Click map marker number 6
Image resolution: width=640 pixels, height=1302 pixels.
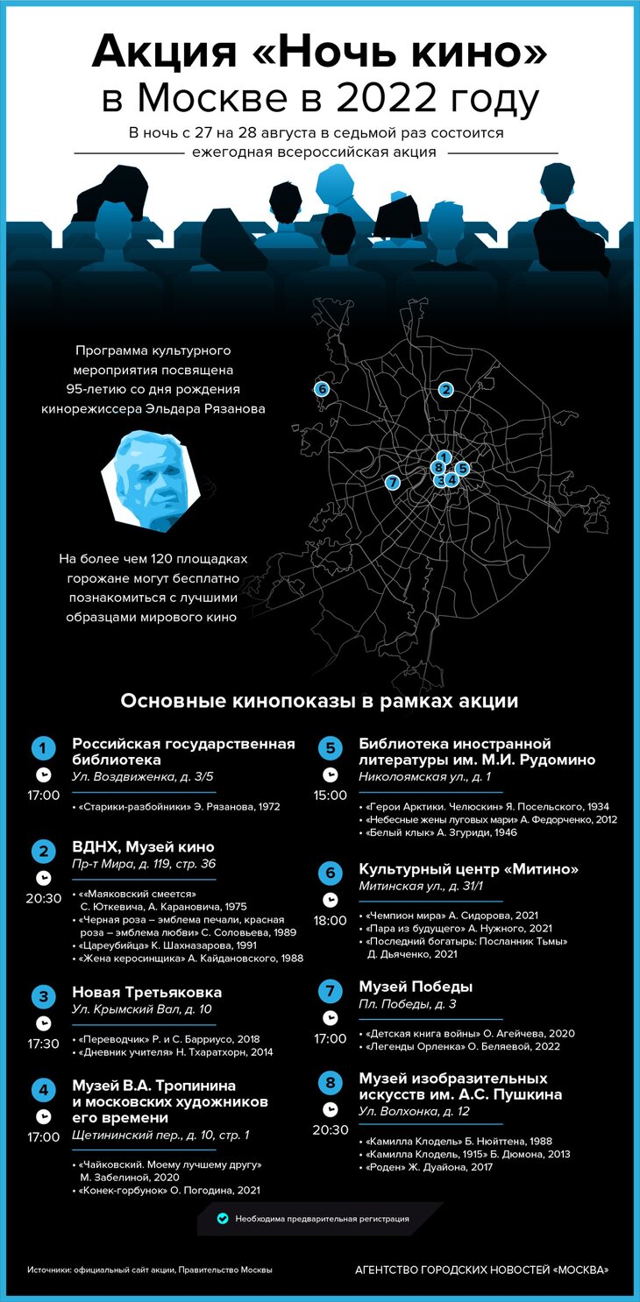click(322, 389)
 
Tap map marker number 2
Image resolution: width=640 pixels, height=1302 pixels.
click(446, 390)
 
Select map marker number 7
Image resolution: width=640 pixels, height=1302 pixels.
click(393, 482)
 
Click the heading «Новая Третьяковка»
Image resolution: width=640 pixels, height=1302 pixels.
click(146, 993)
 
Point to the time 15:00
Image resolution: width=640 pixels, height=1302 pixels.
click(331, 796)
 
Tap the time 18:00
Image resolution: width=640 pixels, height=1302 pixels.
click(331, 921)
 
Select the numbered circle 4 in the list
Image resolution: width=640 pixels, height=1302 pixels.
click(43, 1091)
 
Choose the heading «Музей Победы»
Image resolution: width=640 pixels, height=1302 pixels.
click(416, 987)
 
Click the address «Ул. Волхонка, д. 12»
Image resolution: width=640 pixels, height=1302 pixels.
click(415, 1111)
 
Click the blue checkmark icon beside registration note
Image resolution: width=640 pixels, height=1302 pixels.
click(223, 1218)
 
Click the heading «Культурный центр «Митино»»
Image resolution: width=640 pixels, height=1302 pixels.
click(469, 869)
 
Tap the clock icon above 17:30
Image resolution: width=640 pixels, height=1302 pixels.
click(43, 1022)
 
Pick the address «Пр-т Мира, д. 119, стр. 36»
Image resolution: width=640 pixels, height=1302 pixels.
click(144, 864)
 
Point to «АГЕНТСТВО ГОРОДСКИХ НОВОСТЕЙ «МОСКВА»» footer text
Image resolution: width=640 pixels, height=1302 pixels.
click(481, 1270)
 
